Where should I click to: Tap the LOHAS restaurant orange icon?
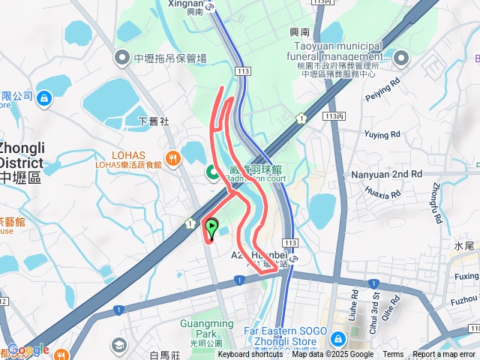point(173,157)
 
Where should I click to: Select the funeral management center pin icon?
point(402,58)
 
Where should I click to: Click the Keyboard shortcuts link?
point(250,355)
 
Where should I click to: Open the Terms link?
point(393,355)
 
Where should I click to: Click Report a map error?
point(445,355)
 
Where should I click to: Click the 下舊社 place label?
point(154,120)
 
